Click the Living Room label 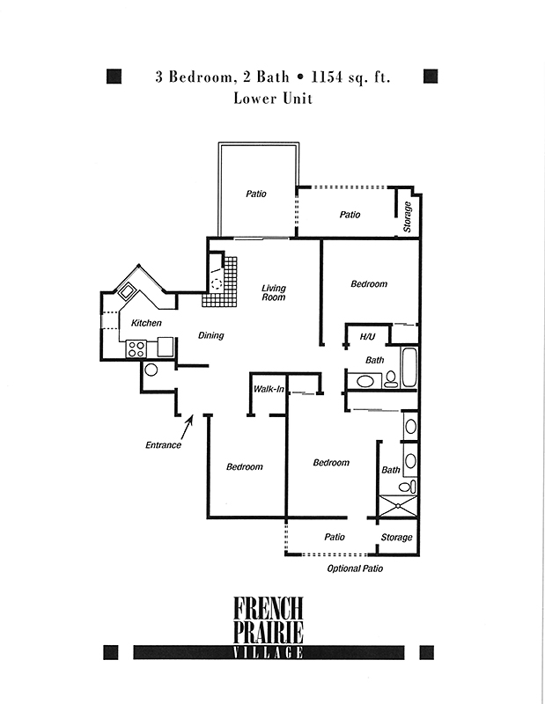pos(274,292)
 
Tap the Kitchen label pos(146,323)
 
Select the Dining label pos(210,335)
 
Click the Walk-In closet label pos(269,389)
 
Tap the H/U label pos(367,336)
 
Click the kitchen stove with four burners pos(136,348)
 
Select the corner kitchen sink pos(126,292)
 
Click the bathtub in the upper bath pos(409,367)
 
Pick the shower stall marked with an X pos(399,506)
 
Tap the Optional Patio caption pos(355,568)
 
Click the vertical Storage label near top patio pos(408,216)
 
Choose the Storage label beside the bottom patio pos(396,538)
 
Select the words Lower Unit pos(273,99)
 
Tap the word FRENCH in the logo pos(269,608)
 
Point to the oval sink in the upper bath pos(365,382)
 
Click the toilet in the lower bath pos(407,487)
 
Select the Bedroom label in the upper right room pos(369,283)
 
